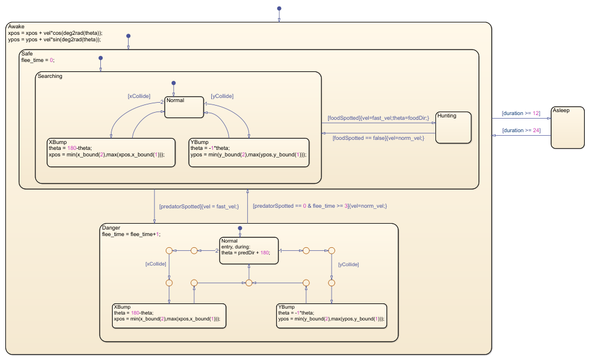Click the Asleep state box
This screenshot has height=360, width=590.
click(x=568, y=127)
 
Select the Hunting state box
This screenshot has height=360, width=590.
click(x=454, y=127)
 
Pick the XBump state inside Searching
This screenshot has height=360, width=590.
click(x=111, y=152)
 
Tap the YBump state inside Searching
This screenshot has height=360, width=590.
click(x=249, y=152)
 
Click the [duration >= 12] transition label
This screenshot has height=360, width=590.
click(x=520, y=113)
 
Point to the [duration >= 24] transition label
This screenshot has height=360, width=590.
click(x=520, y=131)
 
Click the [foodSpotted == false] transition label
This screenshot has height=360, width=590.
click(x=378, y=138)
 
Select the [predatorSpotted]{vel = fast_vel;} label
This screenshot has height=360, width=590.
click(x=199, y=206)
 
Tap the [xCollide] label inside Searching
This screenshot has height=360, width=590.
click(x=139, y=96)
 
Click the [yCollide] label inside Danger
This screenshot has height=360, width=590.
click(x=348, y=265)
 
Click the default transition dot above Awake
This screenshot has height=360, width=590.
click(x=279, y=9)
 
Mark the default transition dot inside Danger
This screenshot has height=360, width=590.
click(x=240, y=228)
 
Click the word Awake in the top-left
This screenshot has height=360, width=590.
click(x=17, y=27)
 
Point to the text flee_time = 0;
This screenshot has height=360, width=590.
click(x=38, y=60)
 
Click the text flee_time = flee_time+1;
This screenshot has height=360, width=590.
click(x=132, y=234)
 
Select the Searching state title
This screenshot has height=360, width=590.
click(x=50, y=76)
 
